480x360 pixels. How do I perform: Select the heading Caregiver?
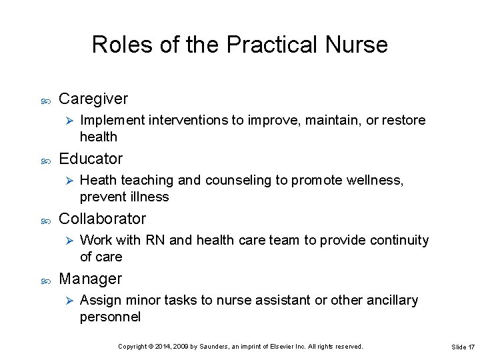click(93, 99)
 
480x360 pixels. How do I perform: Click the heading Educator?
click(91, 159)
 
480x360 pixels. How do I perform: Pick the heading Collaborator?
click(102, 219)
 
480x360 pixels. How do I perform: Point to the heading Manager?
click(90, 279)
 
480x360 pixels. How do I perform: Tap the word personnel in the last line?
click(110, 317)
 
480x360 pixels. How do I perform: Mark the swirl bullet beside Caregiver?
click(46, 99)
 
